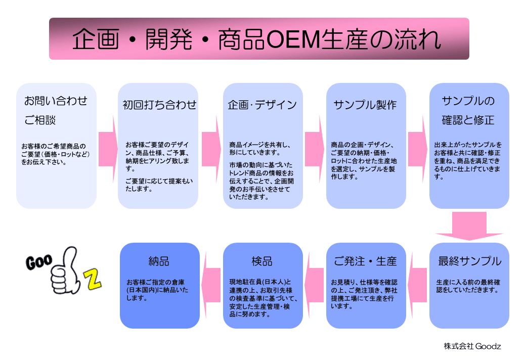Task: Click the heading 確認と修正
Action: [x=468, y=120]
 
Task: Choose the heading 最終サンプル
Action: [x=469, y=261]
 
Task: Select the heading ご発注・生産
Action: [x=365, y=261]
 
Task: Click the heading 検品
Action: [x=262, y=261]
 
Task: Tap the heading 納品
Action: [x=159, y=261]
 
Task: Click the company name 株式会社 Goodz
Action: [x=472, y=346]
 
